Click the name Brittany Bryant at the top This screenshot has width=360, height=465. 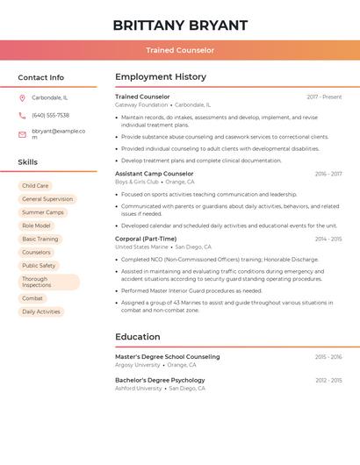click(180, 25)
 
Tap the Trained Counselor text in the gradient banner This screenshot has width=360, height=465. click(180, 50)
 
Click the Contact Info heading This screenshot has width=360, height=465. click(40, 77)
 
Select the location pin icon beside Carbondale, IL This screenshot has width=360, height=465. click(22, 97)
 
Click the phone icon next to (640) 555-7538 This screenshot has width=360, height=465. click(22, 115)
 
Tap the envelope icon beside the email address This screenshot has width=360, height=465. click(22, 134)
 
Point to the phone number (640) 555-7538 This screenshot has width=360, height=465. click(50, 115)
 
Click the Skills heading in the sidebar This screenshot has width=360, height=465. click(28, 162)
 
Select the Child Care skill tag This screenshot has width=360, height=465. click(35, 186)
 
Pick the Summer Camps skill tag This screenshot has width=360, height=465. click(43, 212)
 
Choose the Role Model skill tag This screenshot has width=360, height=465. click(36, 225)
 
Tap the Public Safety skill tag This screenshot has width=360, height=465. click(39, 265)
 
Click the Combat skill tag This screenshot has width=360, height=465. click(32, 298)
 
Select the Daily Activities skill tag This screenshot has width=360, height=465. click(41, 311)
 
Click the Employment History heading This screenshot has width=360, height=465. click(161, 77)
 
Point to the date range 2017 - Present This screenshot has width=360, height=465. click(324, 97)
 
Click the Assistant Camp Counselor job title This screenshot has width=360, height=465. click(155, 174)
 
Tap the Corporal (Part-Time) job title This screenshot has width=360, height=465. click(146, 239)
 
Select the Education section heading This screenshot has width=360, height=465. click(138, 337)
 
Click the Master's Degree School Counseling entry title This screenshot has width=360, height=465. click(168, 357)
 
